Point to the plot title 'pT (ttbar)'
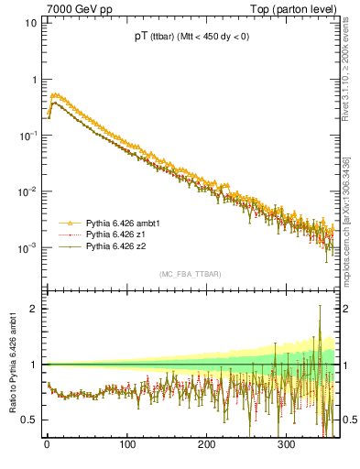pos(159,37)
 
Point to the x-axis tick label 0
pos(47,445)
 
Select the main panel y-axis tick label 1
pos(33,80)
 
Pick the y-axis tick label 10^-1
pos(27,136)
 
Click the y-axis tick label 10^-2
pos(27,191)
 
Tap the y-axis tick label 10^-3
pos(27,248)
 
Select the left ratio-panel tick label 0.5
pos(29,420)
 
